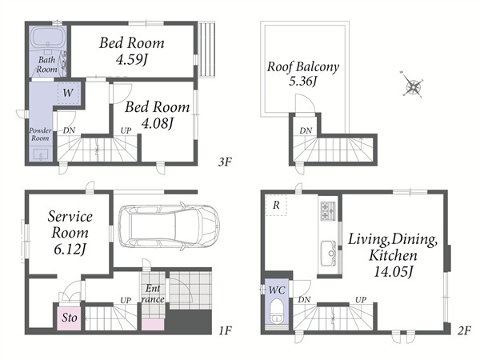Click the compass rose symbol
pyautogui.click(x=412, y=85)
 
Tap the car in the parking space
pyautogui.click(x=169, y=226)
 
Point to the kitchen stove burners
pyautogui.click(x=327, y=211)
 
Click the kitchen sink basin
pyautogui.click(x=328, y=253)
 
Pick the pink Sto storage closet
pyautogui.click(x=69, y=318)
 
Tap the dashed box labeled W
pyautogui.click(x=68, y=93)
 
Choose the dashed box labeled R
pyautogui.click(x=276, y=205)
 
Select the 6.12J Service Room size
pyautogui.click(x=70, y=249)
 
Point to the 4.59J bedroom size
pyautogui.click(x=132, y=60)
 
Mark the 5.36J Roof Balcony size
pyautogui.click(x=302, y=81)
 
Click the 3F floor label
pyautogui.click(x=225, y=162)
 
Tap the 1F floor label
pyautogui.click(x=226, y=330)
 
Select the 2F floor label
pyautogui.click(x=464, y=330)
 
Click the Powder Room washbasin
pyautogui.click(x=41, y=154)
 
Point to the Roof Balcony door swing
pyautogui.click(x=305, y=104)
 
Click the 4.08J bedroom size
pyautogui.click(x=158, y=123)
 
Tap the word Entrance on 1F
pyautogui.click(x=153, y=294)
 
